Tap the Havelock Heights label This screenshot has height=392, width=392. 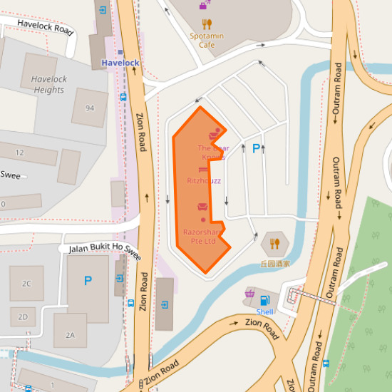[48, 85]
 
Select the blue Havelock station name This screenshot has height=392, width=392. [120, 63]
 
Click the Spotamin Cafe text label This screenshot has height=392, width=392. [207, 40]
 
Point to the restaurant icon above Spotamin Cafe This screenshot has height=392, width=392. [207, 24]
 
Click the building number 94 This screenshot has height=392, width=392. [90, 108]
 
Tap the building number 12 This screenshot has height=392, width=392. [19, 153]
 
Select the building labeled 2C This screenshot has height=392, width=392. [26, 284]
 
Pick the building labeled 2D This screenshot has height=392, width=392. [23, 316]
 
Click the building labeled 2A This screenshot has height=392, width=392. [70, 335]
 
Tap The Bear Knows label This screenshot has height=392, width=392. [212, 152]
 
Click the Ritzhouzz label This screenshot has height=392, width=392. [203, 181]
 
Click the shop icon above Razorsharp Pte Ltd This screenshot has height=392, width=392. [202, 207]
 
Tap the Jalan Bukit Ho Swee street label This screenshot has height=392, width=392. [100, 249]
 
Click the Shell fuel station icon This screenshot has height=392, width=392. [265, 301]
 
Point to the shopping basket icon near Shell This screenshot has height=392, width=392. [249, 293]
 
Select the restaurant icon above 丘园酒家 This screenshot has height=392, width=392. [275, 244]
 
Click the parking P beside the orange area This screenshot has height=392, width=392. [256, 149]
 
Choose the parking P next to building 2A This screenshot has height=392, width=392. [88, 281]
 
